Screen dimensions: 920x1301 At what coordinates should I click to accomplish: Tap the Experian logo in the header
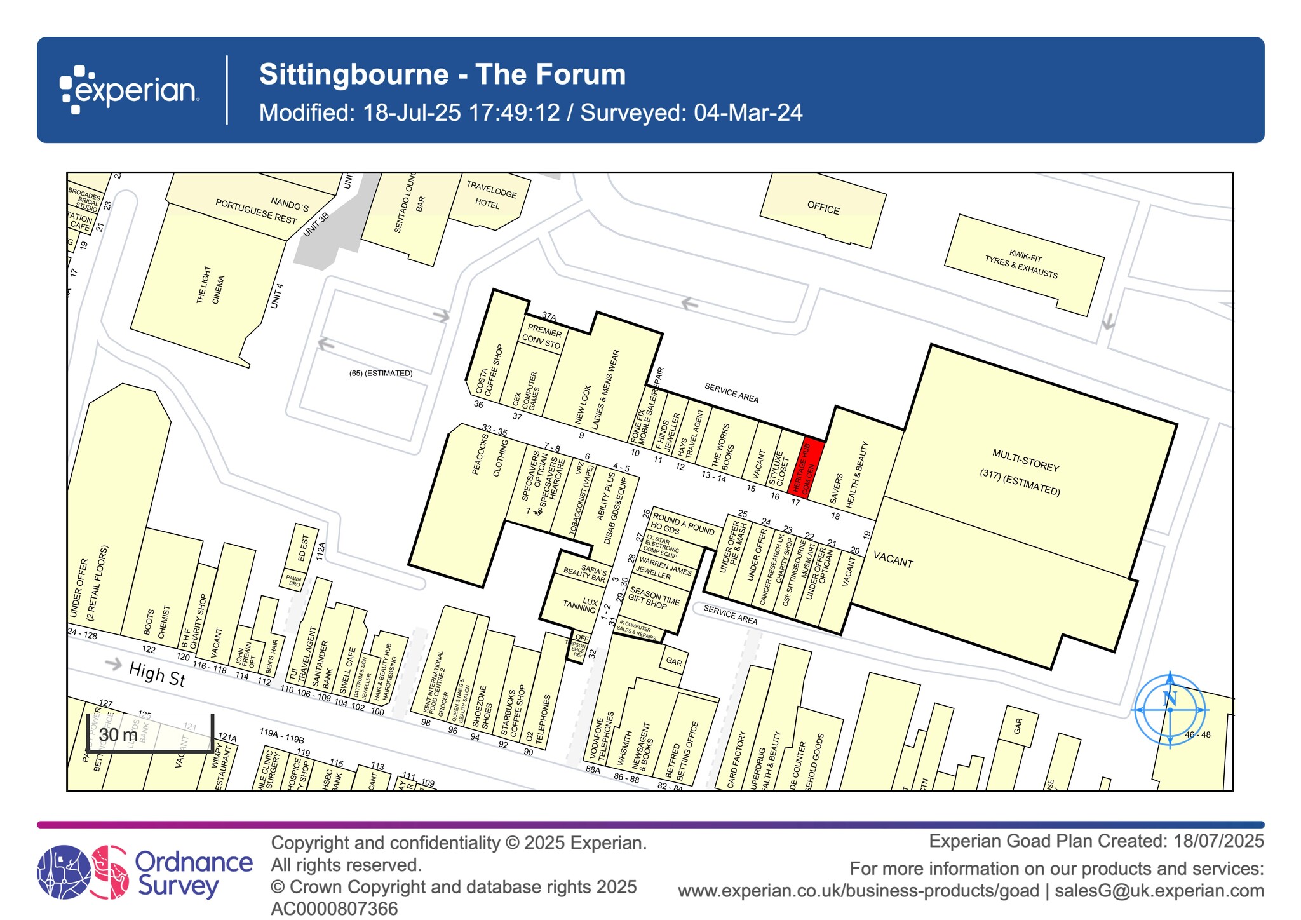click(x=130, y=90)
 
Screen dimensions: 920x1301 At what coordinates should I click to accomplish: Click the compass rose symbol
click(x=1170, y=709)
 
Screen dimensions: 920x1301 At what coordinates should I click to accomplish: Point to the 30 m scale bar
click(x=149, y=735)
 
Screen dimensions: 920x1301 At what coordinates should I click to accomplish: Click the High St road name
click(x=157, y=674)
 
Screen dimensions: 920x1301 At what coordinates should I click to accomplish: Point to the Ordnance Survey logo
click(x=145, y=872)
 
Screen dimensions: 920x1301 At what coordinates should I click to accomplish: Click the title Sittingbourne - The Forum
click(x=442, y=74)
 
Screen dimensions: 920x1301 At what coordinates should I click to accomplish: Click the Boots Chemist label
click(x=156, y=623)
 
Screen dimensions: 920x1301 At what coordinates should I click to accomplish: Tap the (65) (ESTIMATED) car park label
click(x=381, y=373)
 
